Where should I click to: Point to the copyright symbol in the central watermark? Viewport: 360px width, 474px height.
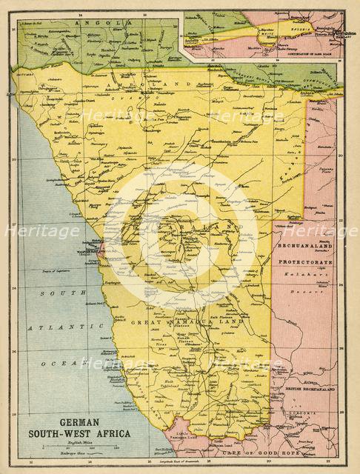[x=180, y=237]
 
